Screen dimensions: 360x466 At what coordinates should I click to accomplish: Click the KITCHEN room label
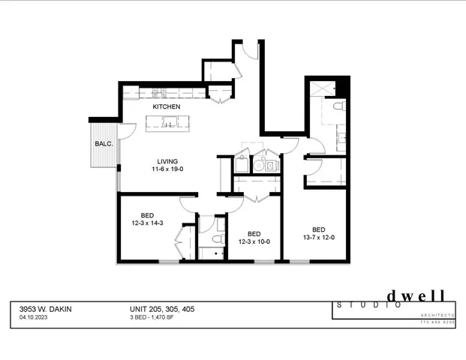pyautogui.click(x=167, y=107)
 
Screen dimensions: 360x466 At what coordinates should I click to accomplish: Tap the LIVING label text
pyautogui.click(x=167, y=161)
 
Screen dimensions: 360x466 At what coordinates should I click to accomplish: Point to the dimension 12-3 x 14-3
pyautogui.click(x=148, y=223)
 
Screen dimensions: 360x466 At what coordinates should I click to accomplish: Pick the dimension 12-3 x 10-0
pyautogui.click(x=254, y=241)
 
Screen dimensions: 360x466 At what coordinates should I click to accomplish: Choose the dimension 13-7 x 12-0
pyautogui.click(x=319, y=238)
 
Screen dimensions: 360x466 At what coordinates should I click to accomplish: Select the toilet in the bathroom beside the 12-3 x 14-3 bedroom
pyautogui.click(x=217, y=239)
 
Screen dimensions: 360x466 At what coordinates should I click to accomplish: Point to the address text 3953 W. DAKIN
pyautogui.click(x=46, y=308)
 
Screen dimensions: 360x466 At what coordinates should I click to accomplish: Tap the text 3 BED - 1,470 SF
pyautogui.click(x=157, y=317)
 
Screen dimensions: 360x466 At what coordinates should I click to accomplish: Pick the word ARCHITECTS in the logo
pyautogui.click(x=437, y=315)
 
